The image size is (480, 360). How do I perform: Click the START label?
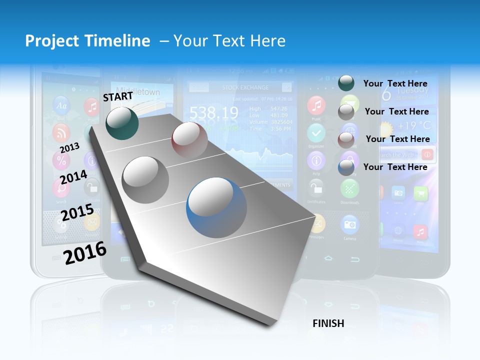click(118, 96)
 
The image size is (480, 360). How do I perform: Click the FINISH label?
click(328, 323)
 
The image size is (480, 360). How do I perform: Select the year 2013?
click(69, 147)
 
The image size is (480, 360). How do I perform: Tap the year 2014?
click(73, 177)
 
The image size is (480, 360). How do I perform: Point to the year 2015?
click(77, 213)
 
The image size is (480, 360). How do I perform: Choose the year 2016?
click(85, 252)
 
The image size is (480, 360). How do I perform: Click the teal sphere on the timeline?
click(122, 122)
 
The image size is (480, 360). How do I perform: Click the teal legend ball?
click(346, 82)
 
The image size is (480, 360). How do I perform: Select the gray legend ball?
click(346, 112)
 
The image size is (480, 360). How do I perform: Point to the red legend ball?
click(346, 140)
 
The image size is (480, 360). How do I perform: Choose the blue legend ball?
click(346, 167)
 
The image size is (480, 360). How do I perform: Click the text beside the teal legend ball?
click(395, 83)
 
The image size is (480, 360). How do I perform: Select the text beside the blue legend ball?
click(395, 167)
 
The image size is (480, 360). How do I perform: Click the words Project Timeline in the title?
click(87, 41)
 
